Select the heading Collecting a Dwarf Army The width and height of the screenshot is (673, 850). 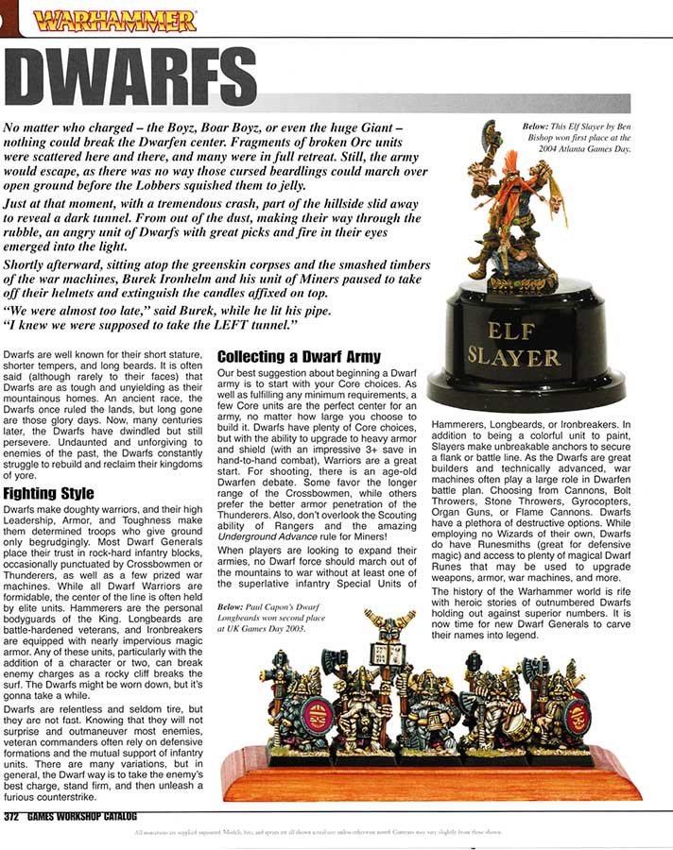(x=299, y=357)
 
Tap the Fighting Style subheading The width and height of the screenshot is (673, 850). (x=48, y=494)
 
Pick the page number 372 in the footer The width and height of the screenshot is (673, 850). (x=18, y=817)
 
